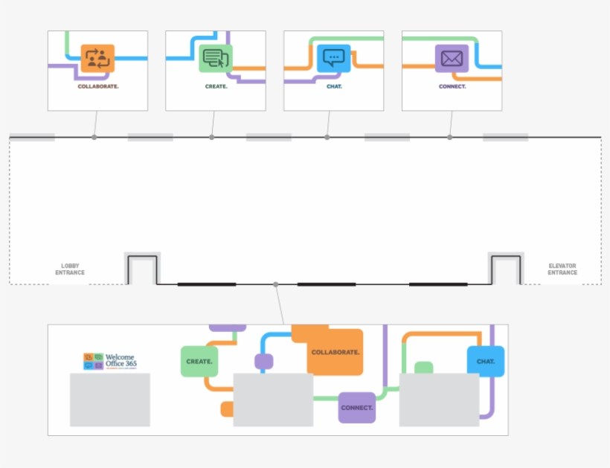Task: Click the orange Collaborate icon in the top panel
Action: [97, 59]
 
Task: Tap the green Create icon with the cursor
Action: [216, 59]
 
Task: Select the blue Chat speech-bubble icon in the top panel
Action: [334, 58]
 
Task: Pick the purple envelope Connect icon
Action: [452, 58]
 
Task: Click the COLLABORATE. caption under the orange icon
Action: [98, 86]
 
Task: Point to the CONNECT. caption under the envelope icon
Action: [452, 86]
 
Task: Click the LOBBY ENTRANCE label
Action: [70, 269]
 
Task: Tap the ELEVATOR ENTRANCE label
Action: [562, 269]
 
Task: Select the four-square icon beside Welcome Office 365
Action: [94, 361]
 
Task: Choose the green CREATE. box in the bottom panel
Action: [199, 362]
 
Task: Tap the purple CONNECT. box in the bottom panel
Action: [357, 408]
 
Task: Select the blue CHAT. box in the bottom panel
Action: [486, 362]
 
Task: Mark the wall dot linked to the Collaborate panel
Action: [94, 137]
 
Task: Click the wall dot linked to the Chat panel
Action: [327, 137]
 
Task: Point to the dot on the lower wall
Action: [276, 284]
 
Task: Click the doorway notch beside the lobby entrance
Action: [141, 269]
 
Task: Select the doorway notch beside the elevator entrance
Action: [505, 269]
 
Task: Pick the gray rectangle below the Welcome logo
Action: [110, 400]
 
